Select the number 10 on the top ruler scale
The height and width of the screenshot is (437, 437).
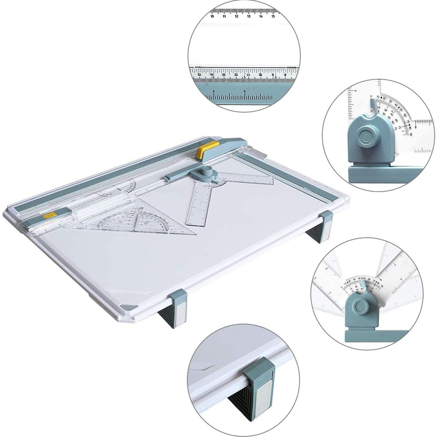tap(212, 16)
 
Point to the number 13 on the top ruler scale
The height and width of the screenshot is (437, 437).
tap(249, 16)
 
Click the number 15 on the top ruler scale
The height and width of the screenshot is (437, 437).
tap(273, 16)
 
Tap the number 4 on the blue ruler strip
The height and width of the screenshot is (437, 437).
tap(214, 91)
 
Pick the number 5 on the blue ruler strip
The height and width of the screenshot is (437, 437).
tap(245, 91)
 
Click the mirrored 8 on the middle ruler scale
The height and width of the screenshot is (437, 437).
tap(285, 75)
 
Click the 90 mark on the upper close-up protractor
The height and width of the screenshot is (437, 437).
tap(410, 135)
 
